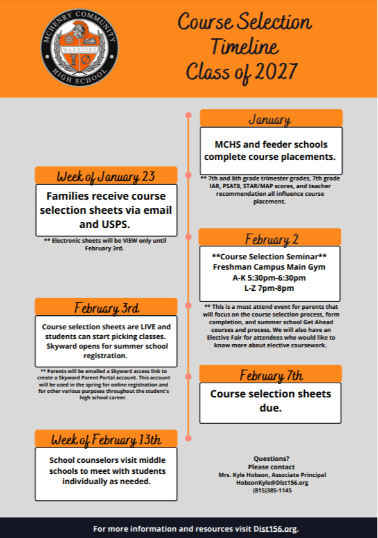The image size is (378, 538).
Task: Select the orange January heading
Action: pos(270,119)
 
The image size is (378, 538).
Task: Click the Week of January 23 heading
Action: pos(106,176)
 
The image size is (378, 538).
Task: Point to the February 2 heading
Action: pos(270,238)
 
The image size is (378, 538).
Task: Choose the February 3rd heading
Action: pos(106,307)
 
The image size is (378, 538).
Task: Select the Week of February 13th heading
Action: pos(106,439)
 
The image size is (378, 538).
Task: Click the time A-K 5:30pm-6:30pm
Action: pos(270,277)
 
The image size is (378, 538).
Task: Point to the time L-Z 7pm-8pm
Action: pos(270,288)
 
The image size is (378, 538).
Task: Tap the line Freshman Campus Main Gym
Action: pos(270,266)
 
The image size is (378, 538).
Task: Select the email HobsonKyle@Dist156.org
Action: pos(273,482)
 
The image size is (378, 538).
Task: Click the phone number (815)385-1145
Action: pos(273,490)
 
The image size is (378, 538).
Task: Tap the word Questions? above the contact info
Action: pos(273,458)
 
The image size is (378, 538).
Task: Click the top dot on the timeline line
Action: pos(188,116)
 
